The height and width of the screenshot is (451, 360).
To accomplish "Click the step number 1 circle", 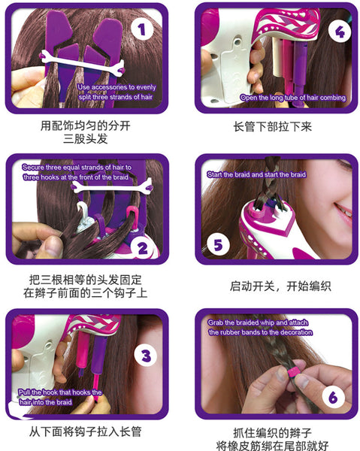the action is pyautogui.click(x=142, y=29).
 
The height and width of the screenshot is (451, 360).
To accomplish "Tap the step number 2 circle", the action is pyautogui.click(x=142, y=248).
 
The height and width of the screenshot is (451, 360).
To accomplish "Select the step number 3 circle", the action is pyautogui.click(x=146, y=356).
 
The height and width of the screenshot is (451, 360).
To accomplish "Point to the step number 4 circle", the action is pyautogui.click(x=340, y=32).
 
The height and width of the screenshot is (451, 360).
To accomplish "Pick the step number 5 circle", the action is pyautogui.click(x=218, y=245).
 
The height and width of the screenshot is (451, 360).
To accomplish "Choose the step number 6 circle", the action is pyautogui.click(x=333, y=397).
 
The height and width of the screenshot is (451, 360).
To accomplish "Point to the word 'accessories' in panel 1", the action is pyautogui.click(x=109, y=87).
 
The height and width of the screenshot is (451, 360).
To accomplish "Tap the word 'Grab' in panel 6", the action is pyautogui.click(x=216, y=323).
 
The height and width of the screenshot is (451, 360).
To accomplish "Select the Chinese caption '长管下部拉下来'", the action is pyautogui.click(x=272, y=126).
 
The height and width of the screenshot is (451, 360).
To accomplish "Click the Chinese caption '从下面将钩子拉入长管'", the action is pyautogui.click(x=86, y=431).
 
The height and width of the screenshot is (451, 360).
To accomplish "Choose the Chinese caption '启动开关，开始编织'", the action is pyautogui.click(x=280, y=286).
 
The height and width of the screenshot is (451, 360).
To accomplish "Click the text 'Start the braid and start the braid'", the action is pyautogui.click(x=256, y=174).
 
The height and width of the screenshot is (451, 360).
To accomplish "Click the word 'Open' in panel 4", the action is pyautogui.click(x=249, y=98).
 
